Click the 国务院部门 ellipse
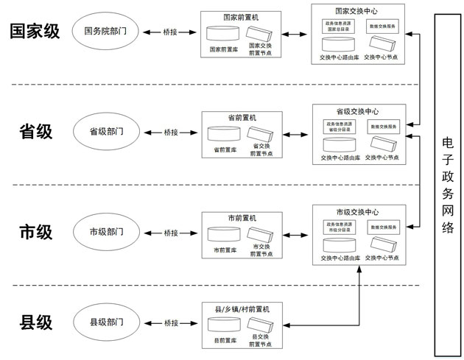coord(106,32)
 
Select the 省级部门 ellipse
coord(106,132)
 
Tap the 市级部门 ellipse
coord(106,233)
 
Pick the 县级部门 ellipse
coord(106,322)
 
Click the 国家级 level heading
coord(35,31)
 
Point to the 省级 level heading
coord(35,132)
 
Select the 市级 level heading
coord(35,233)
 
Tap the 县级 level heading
coord(35,322)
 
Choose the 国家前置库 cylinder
coord(225,35)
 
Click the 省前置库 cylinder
coord(225,135)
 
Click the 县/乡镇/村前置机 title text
coord(242,310)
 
